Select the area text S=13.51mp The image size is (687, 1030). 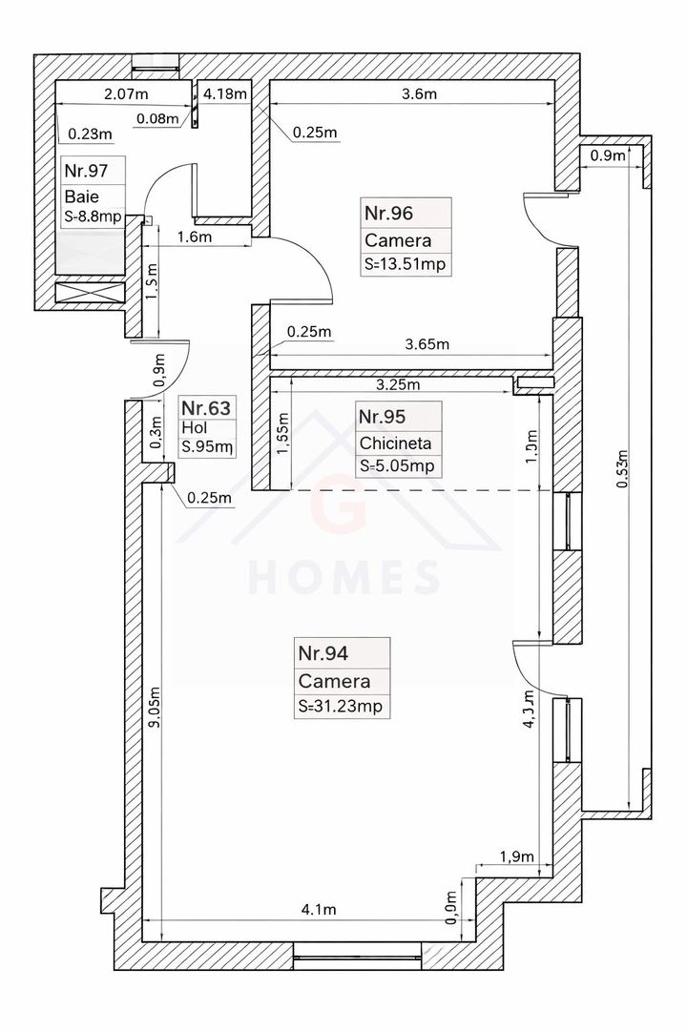click(406, 264)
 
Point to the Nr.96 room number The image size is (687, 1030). click(388, 212)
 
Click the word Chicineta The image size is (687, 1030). click(395, 443)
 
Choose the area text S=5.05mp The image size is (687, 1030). click(396, 466)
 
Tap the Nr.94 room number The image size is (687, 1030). click(323, 654)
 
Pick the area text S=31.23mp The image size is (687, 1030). click(344, 706)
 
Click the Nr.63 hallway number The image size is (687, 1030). click(205, 409)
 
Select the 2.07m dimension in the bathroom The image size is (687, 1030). click(125, 93)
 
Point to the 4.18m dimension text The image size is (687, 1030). click(226, 93)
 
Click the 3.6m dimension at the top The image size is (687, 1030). click(419, 93)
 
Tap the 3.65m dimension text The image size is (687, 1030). click(427, 343)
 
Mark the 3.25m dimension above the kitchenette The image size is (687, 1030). click(399, 385)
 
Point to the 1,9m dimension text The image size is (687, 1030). click(518, 857)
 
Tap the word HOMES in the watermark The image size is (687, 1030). click(344, 577)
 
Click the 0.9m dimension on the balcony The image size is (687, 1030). click(608, 155)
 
